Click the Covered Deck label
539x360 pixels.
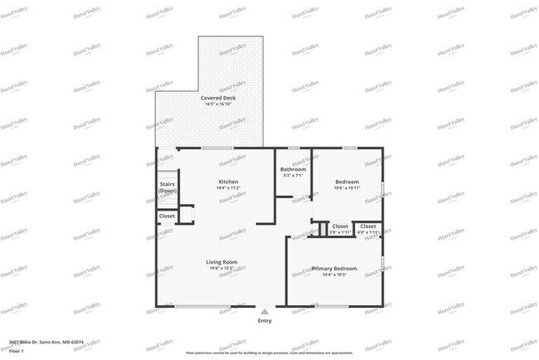tap(217, 97)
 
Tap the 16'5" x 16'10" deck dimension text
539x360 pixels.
tap(217, 104)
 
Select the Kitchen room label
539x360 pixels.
tap(229, 182)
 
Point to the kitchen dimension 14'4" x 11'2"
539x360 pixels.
tap(229, 188)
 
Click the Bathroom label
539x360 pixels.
tap(294, 169)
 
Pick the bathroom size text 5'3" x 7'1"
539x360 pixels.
tap(294, 175)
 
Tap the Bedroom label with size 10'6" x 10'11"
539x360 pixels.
tap(347, 182)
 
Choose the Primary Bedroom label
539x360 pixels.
tap(334, 268)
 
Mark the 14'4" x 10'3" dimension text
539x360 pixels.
tap(334, 275)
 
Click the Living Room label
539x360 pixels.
tap(222, 262)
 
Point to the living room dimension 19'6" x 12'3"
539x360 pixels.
tap(222, 269)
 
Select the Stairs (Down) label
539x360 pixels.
tap(168, 187)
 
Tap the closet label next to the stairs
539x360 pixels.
tap(168, 216)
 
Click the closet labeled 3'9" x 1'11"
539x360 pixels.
tap(340, 226)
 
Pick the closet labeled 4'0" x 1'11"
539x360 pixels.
tap(368, 226)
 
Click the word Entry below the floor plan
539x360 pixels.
tap(265, 320)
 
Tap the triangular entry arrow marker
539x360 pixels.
tap(265, 311)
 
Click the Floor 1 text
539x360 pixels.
tap(16, 348)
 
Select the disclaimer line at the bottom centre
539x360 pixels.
tap(269, 351)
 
